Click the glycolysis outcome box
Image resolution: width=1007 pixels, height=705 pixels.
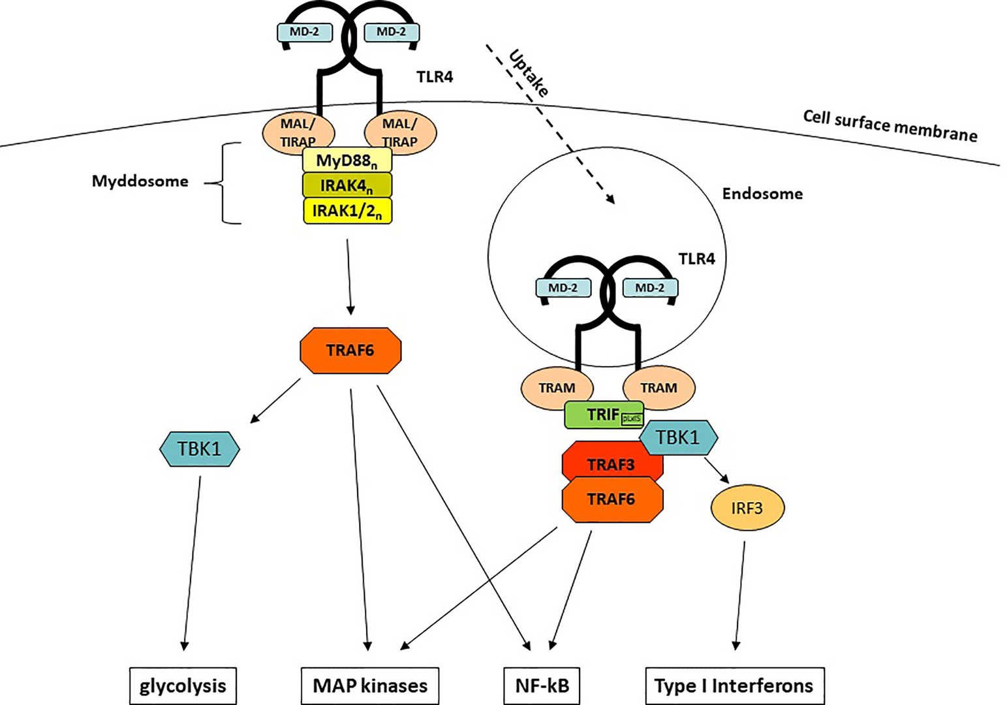(x=183, y=685)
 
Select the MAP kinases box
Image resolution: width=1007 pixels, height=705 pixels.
(x=370, y=685)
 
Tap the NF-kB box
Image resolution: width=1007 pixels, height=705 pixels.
(x=542, y=685)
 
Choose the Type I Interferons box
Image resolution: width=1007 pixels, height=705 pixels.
(x=734, y=685)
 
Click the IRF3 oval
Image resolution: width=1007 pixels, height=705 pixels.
(x=747, y=507)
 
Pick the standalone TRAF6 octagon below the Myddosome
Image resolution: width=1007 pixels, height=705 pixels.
(x=350, y=351)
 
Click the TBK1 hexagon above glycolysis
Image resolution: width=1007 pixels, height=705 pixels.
(x=200, y=448)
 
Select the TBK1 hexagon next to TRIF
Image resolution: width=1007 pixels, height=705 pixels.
(x=678, y=437)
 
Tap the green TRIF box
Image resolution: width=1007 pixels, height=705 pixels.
(x=602, y=415)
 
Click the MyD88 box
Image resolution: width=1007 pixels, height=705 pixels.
(x=347, y=161)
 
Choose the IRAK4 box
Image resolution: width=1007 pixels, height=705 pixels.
(x=347, y=185)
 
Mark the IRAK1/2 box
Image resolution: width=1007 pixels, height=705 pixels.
(x=347, y=211)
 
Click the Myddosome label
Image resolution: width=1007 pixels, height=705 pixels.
(x=140, y=181)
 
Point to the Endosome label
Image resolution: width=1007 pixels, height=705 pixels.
(x=762, y=193)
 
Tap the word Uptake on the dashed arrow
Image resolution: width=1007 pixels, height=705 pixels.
(x=529, y=73)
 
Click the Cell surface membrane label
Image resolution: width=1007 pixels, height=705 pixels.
(x=890, y=125)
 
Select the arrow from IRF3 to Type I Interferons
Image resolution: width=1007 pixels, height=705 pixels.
(x=740, y=594)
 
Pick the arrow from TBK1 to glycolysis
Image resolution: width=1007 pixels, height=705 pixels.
(x=192, y=561)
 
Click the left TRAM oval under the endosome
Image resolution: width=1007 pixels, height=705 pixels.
(x=557, y=388)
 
